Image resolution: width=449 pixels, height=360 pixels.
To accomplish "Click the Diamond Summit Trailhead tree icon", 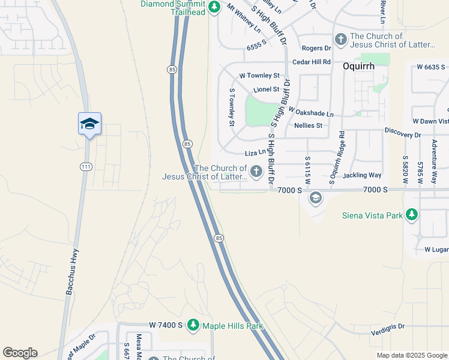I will pyautogui.click(x=214, y=8).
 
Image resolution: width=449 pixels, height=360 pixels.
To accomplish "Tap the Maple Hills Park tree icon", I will pyautogui.click(x=193, y=325).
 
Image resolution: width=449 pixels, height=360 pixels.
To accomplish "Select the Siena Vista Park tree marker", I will pyautogui.click(x=411, y=214).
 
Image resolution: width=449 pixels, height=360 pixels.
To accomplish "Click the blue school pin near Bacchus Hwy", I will pyautogui.click(x=89, y=124).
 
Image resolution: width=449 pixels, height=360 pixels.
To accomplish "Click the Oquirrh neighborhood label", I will pyautogui.click(x=358, y=67).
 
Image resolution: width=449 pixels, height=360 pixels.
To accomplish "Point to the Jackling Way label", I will pyautogui.click(x=362, y=175).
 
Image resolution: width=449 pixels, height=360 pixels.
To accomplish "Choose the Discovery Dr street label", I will pyautogui.click(x=403, y=135).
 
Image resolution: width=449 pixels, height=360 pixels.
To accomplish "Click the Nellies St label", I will pyautogui.click(x=309, y=125).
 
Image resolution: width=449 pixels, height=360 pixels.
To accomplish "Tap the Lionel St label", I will pyautogui.click(x=267, y=89).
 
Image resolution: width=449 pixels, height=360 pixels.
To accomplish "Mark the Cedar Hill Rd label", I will pyautogui.click(x=312, y=62).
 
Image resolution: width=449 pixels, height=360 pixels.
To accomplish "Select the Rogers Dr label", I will pyautogui.click(x=316, y=48).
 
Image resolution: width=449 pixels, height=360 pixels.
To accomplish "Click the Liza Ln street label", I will pyautogui.click(x=255, y=152).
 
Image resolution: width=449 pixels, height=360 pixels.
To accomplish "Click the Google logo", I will pyautogui.click(x=20, y=353).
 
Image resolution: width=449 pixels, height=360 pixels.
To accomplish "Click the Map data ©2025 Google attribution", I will pyautogui.click(x=412, y=355).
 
